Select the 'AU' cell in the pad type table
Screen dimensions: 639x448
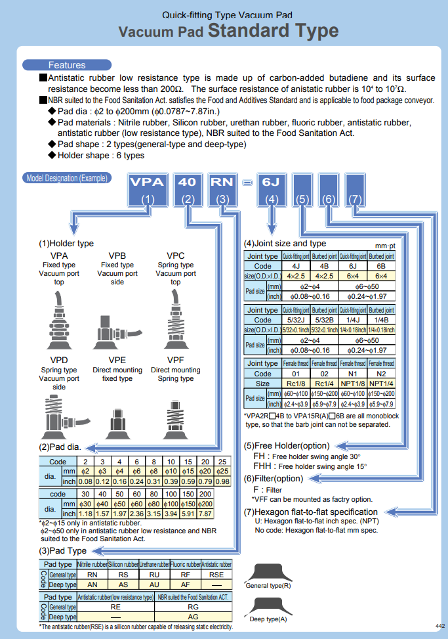154,584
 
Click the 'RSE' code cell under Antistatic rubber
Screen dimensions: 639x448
216,575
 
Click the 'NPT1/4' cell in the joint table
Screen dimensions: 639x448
381,384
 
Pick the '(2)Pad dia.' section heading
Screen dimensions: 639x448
60,447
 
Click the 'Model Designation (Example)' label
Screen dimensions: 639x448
67,178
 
